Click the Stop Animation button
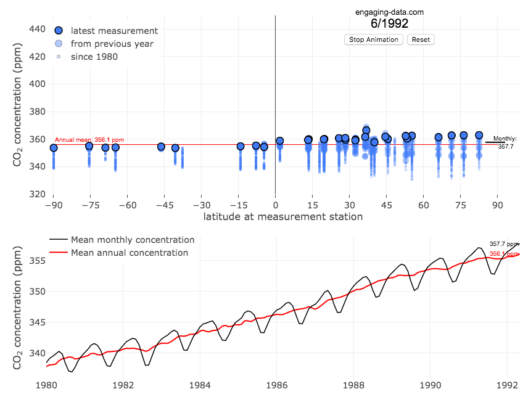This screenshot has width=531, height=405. [x=374, y=39]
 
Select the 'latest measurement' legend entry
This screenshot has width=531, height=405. [x=114, y=31]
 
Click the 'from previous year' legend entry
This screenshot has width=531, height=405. [x=112, y=44]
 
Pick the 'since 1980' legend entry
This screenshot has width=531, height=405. [x=94, y=57]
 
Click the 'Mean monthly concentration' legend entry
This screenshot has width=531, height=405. [x=132, y=240]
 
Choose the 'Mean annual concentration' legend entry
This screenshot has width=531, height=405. [x=129, y=253]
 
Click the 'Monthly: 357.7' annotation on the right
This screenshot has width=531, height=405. [x=506, y=142]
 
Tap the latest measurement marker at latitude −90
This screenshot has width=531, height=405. [x=54, y=147]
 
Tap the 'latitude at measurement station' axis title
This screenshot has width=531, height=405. [x=283, y=217]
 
